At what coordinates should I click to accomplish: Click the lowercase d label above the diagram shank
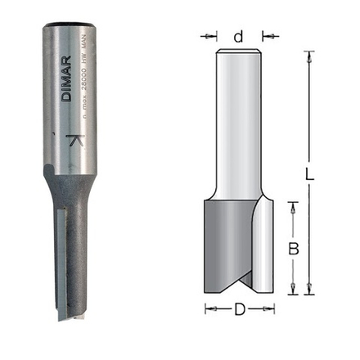point(238,36)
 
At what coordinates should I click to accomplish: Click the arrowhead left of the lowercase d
point(214,36)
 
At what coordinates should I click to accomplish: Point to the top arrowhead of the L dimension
point(309,55)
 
